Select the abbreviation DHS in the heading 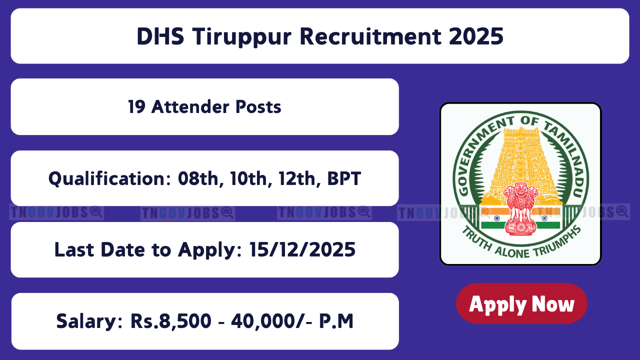160,36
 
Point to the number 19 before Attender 136,107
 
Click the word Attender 190,107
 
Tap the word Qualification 109,179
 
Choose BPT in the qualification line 344,179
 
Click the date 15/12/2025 302,249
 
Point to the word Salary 89,321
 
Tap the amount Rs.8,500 171,321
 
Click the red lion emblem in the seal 520,209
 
